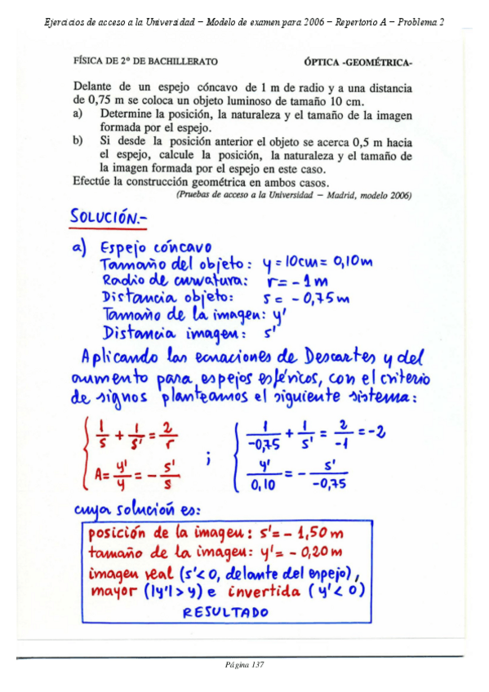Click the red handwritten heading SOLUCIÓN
click(x=107, y=218)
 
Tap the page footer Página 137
click(x=244, y=664)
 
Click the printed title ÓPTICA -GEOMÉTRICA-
click(x=358, y=61)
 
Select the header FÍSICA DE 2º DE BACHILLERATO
click(x=145, y=61)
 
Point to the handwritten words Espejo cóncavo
click(x=155, y=246)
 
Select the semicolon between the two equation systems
click(x=210, y=459)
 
